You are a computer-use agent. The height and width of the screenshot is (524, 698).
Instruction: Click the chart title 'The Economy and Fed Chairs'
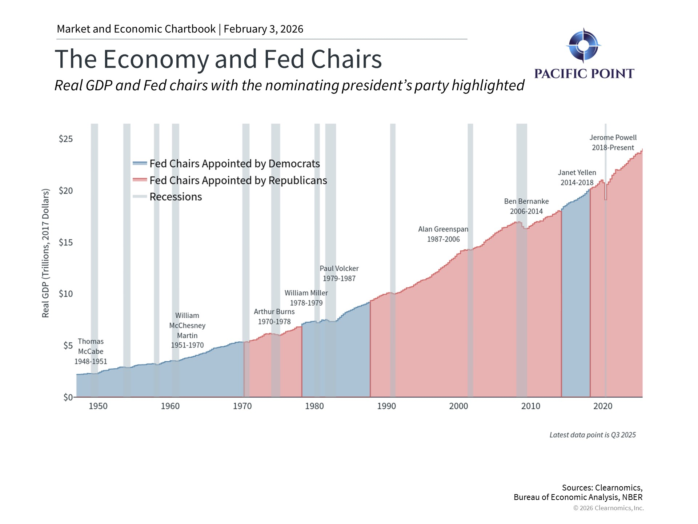click(218, 59)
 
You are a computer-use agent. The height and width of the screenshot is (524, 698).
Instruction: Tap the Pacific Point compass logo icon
click(583, 45)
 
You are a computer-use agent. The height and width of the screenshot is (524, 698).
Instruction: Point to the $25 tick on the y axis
click(66, 139)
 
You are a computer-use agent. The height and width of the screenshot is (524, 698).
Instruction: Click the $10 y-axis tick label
click(66, 294)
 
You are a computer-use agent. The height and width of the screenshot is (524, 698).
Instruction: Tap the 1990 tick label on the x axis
click(386, 406)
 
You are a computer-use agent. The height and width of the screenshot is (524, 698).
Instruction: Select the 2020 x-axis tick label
click(602, 406)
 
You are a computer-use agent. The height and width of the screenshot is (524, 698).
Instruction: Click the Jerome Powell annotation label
click(613, 143)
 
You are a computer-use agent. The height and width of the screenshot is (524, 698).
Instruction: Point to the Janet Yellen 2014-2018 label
click(577, 178)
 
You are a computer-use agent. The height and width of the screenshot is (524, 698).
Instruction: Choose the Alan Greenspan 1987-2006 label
click(443, 234)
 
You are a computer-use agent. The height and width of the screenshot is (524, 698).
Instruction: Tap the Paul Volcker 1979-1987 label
click(339, 273)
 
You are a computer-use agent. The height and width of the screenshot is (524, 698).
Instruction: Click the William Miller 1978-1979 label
click(306, 298)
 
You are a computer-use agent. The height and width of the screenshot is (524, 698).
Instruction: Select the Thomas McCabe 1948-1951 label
click(91, 352)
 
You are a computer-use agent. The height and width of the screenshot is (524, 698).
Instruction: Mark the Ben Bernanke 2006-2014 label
click(526, 206)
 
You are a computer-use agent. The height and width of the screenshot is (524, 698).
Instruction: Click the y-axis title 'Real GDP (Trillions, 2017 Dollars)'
click(45, 253)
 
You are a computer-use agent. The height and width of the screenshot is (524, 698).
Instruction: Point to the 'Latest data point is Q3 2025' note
click(593, 435)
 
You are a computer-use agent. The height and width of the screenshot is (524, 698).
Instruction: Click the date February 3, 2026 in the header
click(263, 29)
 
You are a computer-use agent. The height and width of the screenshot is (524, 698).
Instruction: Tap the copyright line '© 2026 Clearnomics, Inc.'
click(608, 508)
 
